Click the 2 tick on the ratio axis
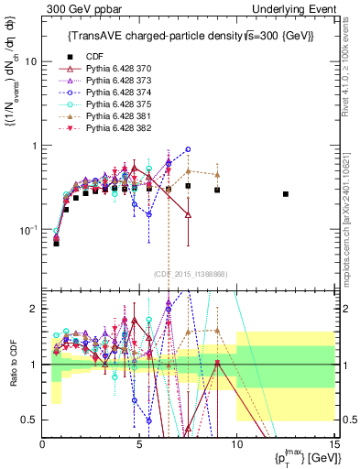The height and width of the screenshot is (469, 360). [33, 309]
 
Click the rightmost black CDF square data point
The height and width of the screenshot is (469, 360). [286, 194]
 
